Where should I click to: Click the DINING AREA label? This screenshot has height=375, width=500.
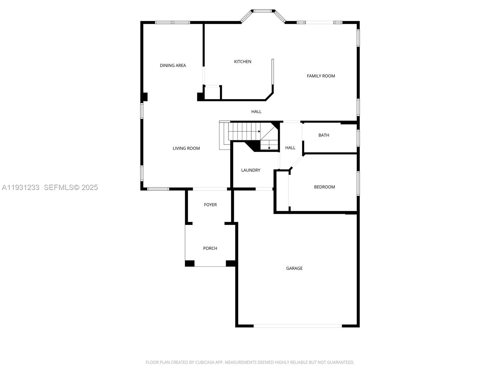coord(173,65)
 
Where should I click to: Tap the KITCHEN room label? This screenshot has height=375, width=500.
coord(242,62)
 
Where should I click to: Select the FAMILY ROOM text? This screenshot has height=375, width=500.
coord(321,76)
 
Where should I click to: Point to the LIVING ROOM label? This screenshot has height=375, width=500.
coord(186,148)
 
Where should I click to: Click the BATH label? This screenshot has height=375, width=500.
coord(324,135)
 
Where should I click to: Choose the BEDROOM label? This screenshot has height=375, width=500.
coord(324,187)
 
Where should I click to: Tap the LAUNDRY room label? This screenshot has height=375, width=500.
coord(251,170)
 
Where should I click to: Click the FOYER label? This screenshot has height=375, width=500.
coord(210,205)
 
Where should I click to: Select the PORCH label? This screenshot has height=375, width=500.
coord(210,248)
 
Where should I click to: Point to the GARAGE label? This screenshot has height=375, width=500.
coord(294,268)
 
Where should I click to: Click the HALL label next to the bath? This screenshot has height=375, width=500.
coord(290,148)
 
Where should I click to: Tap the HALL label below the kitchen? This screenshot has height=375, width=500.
coord(256,112)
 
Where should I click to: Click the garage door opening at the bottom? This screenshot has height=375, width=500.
coord(297,326)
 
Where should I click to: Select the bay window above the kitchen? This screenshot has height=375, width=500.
coord(262,11)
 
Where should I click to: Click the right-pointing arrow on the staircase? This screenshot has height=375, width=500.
coord(259,131)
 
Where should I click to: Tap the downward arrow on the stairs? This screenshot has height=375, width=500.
coord(269,148)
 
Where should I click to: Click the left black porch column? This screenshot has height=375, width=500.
coord(190,263)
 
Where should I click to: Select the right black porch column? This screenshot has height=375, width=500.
coord(231,263)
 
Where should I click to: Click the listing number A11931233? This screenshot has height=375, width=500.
coord(21,187)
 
